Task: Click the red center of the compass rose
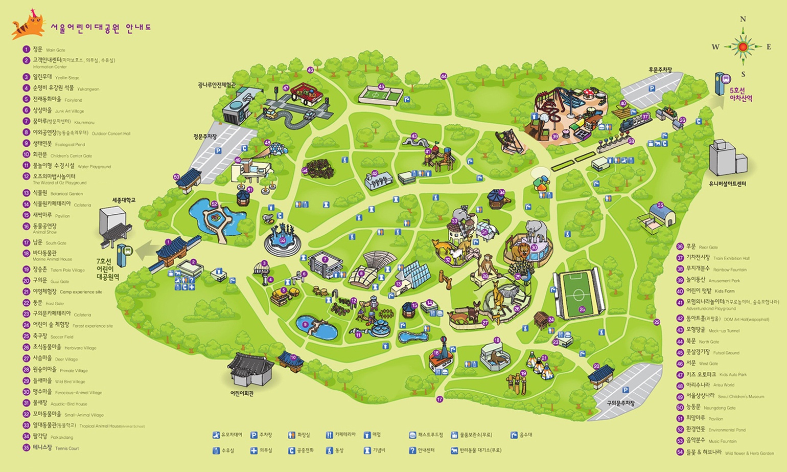pyautogui.click(x=743, y=47)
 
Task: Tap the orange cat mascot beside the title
pyautogui.click(x=28, y=26)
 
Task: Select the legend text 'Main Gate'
pyautogui.click(x=56, y=50)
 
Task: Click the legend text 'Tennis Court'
pyautogui.click(x=67, y=448)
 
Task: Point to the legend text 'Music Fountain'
pyautogui.click(x=722, y=441)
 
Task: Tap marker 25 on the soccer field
pyautogui.click(x=582, y=309)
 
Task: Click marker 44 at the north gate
pyautogui.click(x=444, y=76)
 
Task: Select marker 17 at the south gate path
pyautogui.click(x=439, y=399)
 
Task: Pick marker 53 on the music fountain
pyautogui.click(x=283, y=240)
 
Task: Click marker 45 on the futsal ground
pyautogui.click(x=381, y=86)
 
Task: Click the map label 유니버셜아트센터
pyautogui.click(x=727, y=184)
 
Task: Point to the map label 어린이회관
pyautogui.click(x=242, y=393)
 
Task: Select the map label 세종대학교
pyautogui.click(x=124, y=200)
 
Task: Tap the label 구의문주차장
pyautogui.click(x=620, y=403)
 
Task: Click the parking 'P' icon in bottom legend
pyautogui.click(x=253, y=435)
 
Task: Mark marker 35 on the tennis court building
pyautogui.click(x=660, y=205)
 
